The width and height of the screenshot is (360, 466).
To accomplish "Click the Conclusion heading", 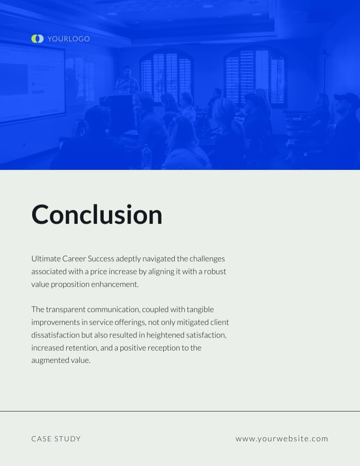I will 97,215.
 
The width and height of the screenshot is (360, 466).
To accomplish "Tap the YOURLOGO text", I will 68,39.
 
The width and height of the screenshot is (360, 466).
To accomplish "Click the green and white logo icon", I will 37,39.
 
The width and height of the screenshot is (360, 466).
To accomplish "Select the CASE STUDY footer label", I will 56,439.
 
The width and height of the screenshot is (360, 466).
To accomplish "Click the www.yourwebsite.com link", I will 282,439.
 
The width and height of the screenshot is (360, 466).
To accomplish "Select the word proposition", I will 70,284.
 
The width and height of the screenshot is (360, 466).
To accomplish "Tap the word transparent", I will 66,309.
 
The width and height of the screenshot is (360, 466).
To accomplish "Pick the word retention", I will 81,348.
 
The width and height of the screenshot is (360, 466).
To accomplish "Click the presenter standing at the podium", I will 127,81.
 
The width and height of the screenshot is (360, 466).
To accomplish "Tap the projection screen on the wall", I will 31,84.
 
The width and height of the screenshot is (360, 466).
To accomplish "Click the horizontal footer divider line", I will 180,411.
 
